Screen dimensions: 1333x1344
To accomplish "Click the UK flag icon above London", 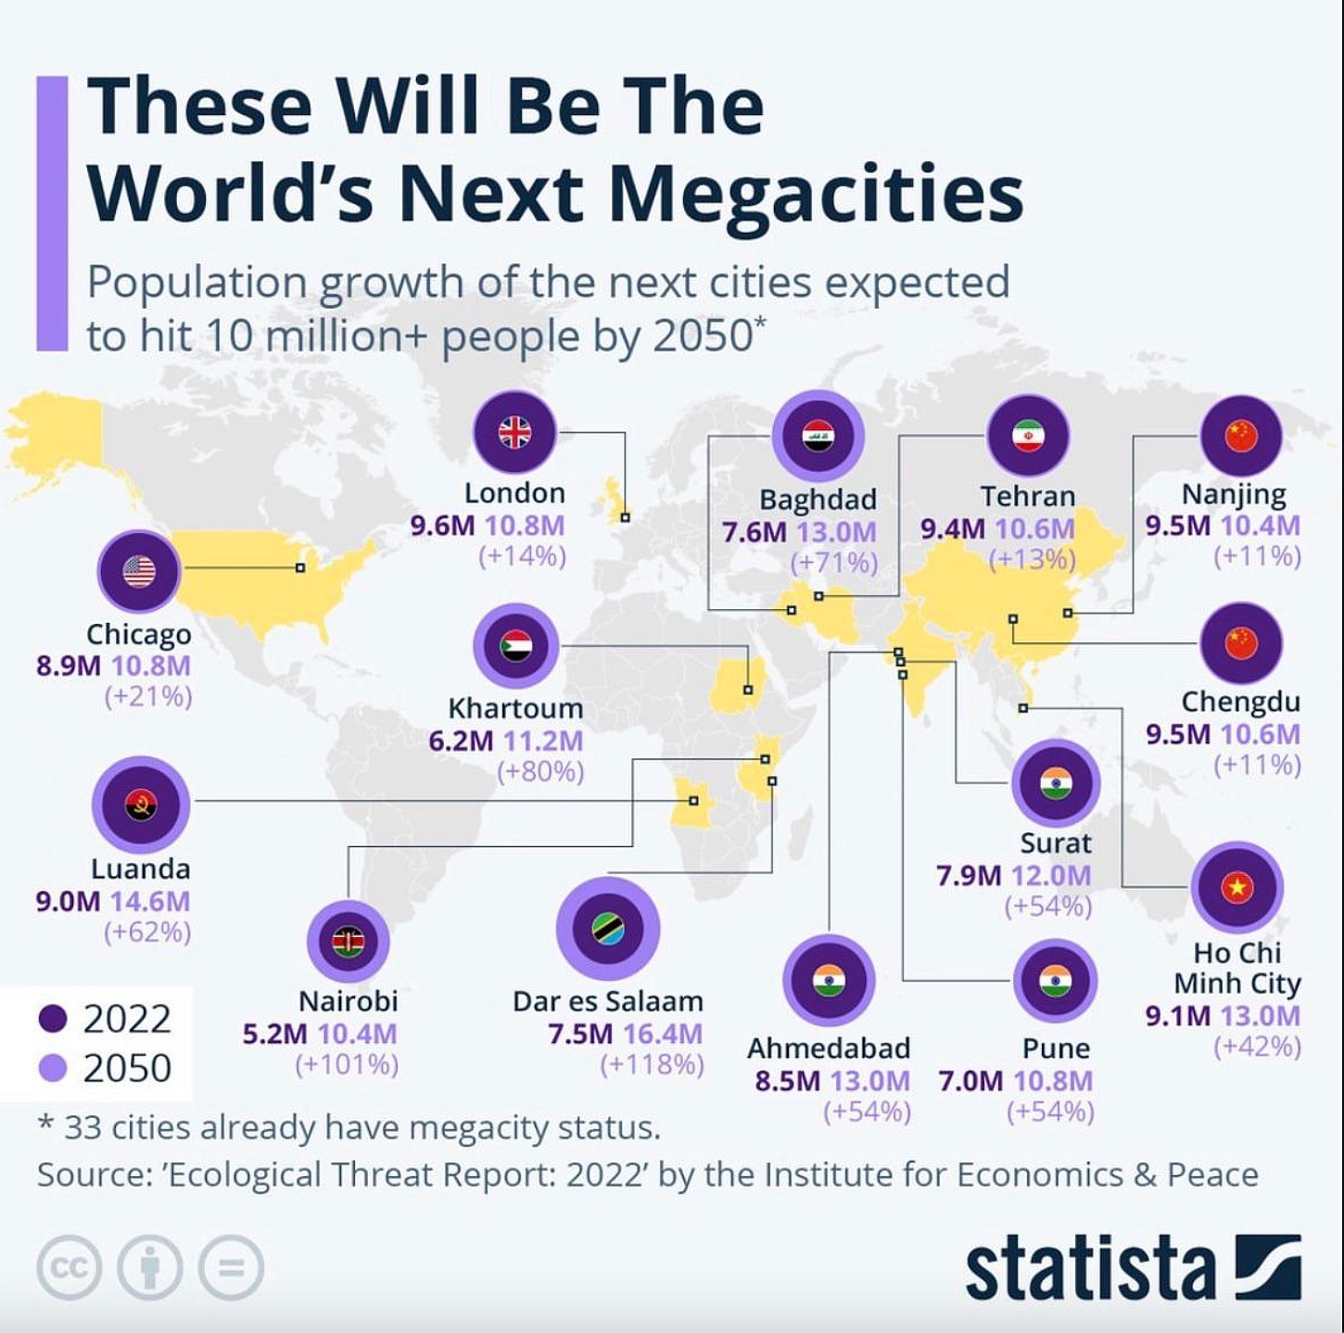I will pos(514,432).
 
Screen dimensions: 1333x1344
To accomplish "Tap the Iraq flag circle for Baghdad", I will pos(818,436).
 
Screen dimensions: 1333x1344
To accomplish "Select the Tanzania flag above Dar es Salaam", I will pos(608,928).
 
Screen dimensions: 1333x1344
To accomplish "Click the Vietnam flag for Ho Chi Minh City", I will pos(1236,887).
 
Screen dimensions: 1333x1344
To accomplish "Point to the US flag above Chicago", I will pos(139,571).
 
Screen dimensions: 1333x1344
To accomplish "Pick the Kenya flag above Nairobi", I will pos(349,941).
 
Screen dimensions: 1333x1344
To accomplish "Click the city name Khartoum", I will pos(515,708).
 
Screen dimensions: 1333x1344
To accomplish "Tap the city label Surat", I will pos(1056,843).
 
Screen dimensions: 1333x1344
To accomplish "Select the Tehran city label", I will pos(1028,497).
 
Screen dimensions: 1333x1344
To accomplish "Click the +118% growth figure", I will pos(652,1064).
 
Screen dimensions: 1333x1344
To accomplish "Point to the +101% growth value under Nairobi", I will pos(347,1064).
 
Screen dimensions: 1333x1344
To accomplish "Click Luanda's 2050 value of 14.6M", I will pos(150,901).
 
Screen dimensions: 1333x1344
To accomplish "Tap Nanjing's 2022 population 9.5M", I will pos(1177,526).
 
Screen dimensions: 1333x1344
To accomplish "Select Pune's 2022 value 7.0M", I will pos(970,1081).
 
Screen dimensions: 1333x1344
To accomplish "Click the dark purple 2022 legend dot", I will pos(54,1019).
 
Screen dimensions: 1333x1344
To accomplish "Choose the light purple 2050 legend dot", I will pos(54,1069).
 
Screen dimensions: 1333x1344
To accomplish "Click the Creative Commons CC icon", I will pos(68,1267).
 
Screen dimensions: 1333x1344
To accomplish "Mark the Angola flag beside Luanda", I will pos(141,805).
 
